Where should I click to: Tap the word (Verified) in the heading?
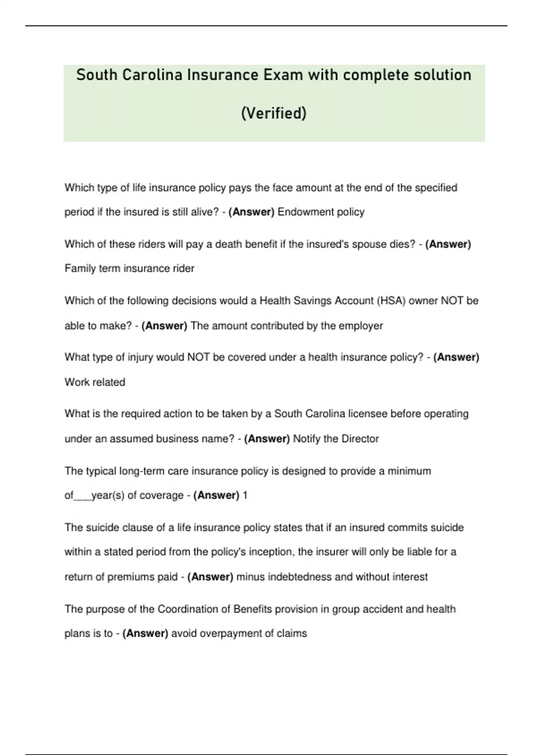[x=274, y=113]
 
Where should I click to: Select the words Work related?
[x=95, y=382]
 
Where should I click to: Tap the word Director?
[x=360, y=439]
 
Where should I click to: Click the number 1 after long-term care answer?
[x=245, y=495]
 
